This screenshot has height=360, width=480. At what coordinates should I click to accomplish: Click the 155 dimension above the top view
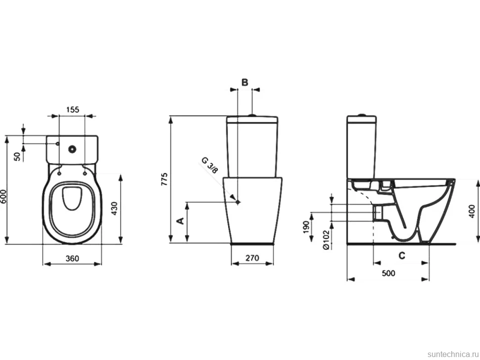tap(72, 109)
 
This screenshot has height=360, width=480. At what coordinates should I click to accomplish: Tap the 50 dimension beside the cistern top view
tap(18, 156)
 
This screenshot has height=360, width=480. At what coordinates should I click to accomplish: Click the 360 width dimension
tap(72, 259)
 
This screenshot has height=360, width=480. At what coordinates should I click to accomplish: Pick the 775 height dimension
tap(164, 180)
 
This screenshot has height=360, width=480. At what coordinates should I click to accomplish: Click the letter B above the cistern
tap(244, 82)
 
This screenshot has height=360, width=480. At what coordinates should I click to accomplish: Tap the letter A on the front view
tap(181, 221)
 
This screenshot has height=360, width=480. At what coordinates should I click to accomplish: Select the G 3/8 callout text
tap(210, 165)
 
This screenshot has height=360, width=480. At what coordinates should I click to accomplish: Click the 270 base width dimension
tap(252, 258)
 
